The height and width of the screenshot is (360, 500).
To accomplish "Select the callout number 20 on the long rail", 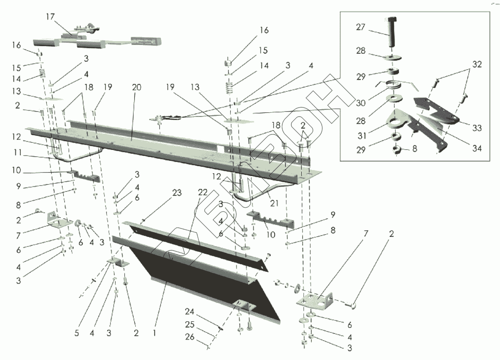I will pyautogui.click(x=137, y=87).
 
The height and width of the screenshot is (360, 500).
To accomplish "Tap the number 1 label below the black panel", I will pyautogui.click(x=154, y=333).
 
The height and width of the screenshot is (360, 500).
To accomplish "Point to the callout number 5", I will pyautogui.click(x=77, y=333).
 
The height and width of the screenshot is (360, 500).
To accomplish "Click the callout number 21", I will pyautogui.click(x=274, y=203).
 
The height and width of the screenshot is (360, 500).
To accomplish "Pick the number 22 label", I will pyautogui.click(x=203, y=193).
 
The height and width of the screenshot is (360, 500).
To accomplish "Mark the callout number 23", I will pyautogui.click(x=177, y=193).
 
